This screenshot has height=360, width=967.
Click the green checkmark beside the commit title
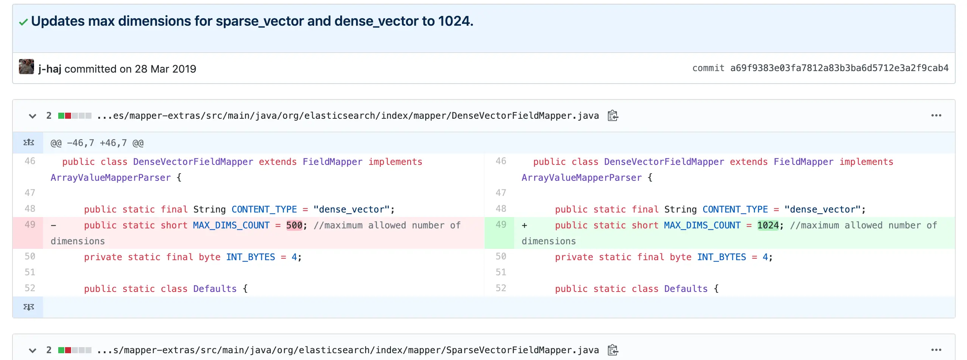coord(23,22)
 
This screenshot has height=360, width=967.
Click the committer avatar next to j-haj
coord(26,67)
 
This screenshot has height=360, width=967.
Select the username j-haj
coord(50,69)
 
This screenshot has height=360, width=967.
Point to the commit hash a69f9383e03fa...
coord(839,68)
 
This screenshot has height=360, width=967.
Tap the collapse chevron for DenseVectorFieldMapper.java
coord(33,116)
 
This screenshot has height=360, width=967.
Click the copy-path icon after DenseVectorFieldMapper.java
coord(613,115)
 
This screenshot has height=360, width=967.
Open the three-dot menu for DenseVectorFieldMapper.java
coord(936,115)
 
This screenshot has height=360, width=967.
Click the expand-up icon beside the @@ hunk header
coord(29,143)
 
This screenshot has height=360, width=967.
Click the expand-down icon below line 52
coord(29,307)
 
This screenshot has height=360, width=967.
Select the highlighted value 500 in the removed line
coord(294,225)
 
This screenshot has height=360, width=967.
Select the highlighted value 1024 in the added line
coord(768,225)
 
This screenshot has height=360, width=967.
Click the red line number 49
coord(30,225)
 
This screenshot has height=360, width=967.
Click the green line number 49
coord(501,225)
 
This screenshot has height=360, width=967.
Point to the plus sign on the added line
coord(524,226)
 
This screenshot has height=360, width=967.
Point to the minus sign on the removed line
coord(53,226)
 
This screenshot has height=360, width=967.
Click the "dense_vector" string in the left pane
coord(351,209)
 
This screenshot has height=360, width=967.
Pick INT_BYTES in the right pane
coord(722,257)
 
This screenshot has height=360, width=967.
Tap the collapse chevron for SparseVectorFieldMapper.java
coord(33,351)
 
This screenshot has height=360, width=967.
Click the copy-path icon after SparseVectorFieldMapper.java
coord(613,350)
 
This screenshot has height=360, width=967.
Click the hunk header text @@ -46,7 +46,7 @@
coord(97,143)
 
